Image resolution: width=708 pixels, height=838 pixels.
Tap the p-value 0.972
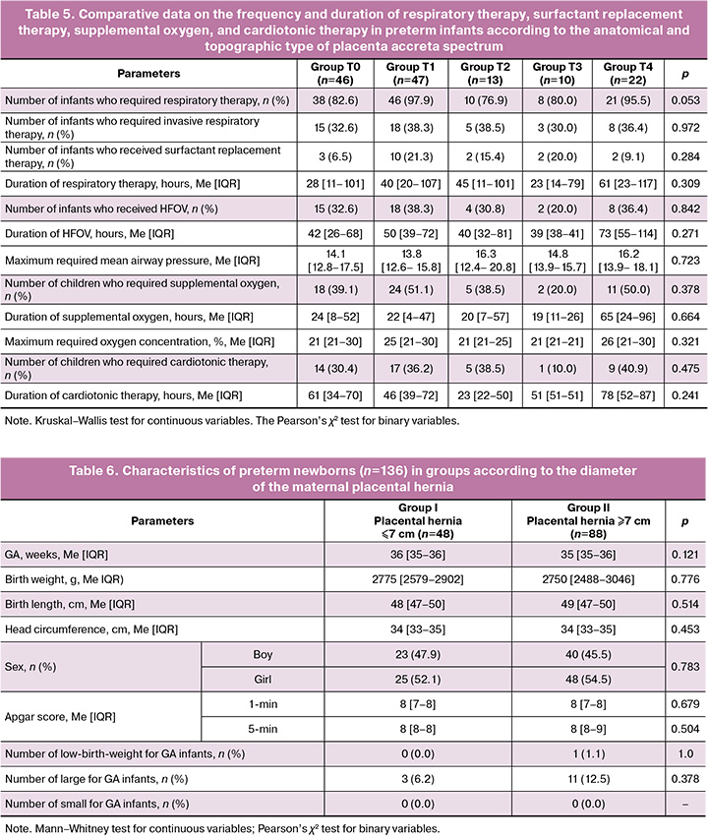(x=679, y=127)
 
